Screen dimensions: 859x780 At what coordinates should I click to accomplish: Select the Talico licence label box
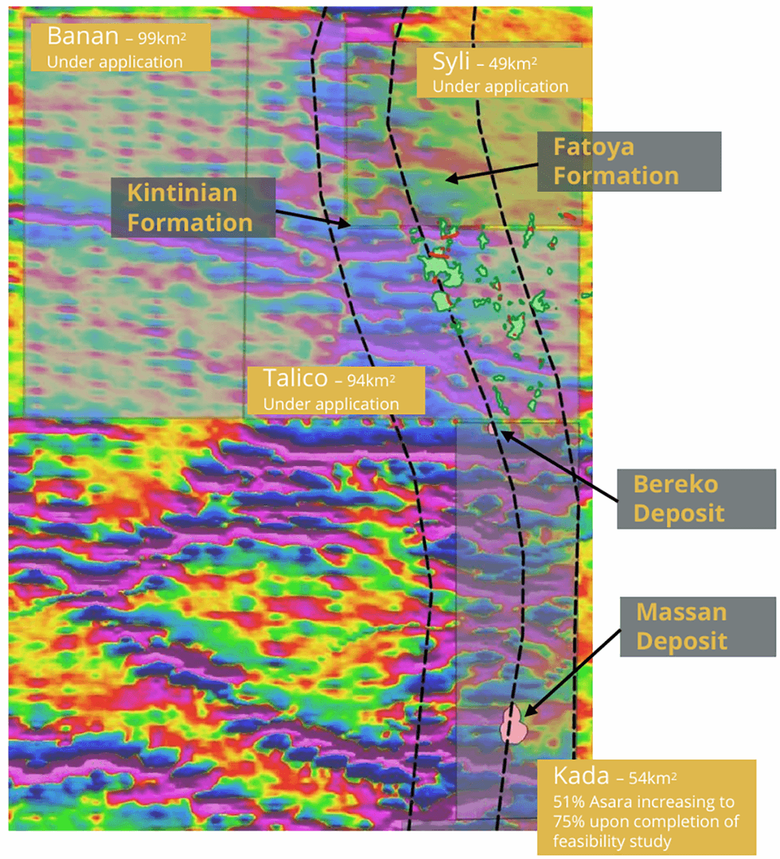pos(335,391)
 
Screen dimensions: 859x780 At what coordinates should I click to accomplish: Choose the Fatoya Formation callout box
pos(629,161)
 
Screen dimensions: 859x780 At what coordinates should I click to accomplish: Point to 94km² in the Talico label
pos(371,379)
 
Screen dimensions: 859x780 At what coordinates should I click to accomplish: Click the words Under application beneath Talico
pos(330,403)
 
